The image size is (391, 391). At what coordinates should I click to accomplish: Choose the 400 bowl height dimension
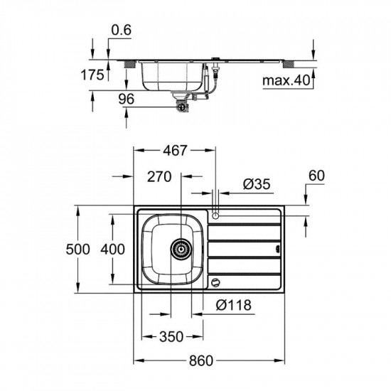pyautogui.click(x=113, y=249)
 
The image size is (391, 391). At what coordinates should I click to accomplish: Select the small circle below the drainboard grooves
pyautogui.click(x=215, y=283)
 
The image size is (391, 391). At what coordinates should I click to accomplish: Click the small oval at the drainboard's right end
pyautogui.click(x=279, y=249)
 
